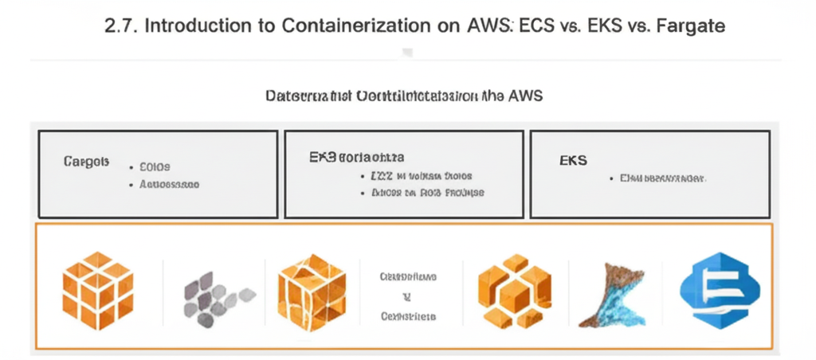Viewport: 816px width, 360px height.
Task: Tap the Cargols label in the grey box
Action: (85, 161)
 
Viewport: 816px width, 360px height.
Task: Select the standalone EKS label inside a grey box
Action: (573, 160)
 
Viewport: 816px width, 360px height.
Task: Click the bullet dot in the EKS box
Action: (610, 179)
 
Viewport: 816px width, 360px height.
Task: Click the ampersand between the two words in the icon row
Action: (407, 296)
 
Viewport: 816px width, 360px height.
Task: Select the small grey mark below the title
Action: (407, 53)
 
